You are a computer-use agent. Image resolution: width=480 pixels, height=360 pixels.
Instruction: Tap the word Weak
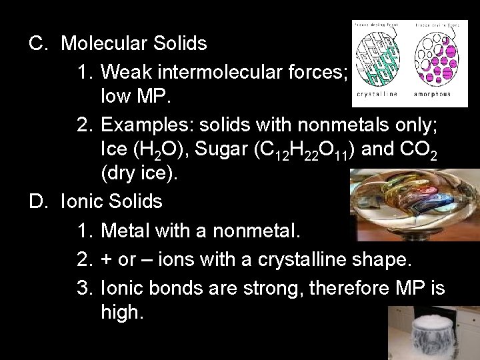coord(129,70)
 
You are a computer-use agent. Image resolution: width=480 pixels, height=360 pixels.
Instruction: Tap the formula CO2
coord(418,149)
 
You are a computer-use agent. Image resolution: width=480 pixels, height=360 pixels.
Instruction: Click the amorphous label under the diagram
coord(433,94)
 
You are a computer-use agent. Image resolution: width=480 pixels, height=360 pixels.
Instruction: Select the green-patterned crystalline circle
coord(377,59)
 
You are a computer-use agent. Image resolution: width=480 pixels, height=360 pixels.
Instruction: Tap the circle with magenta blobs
coord(433,59)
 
